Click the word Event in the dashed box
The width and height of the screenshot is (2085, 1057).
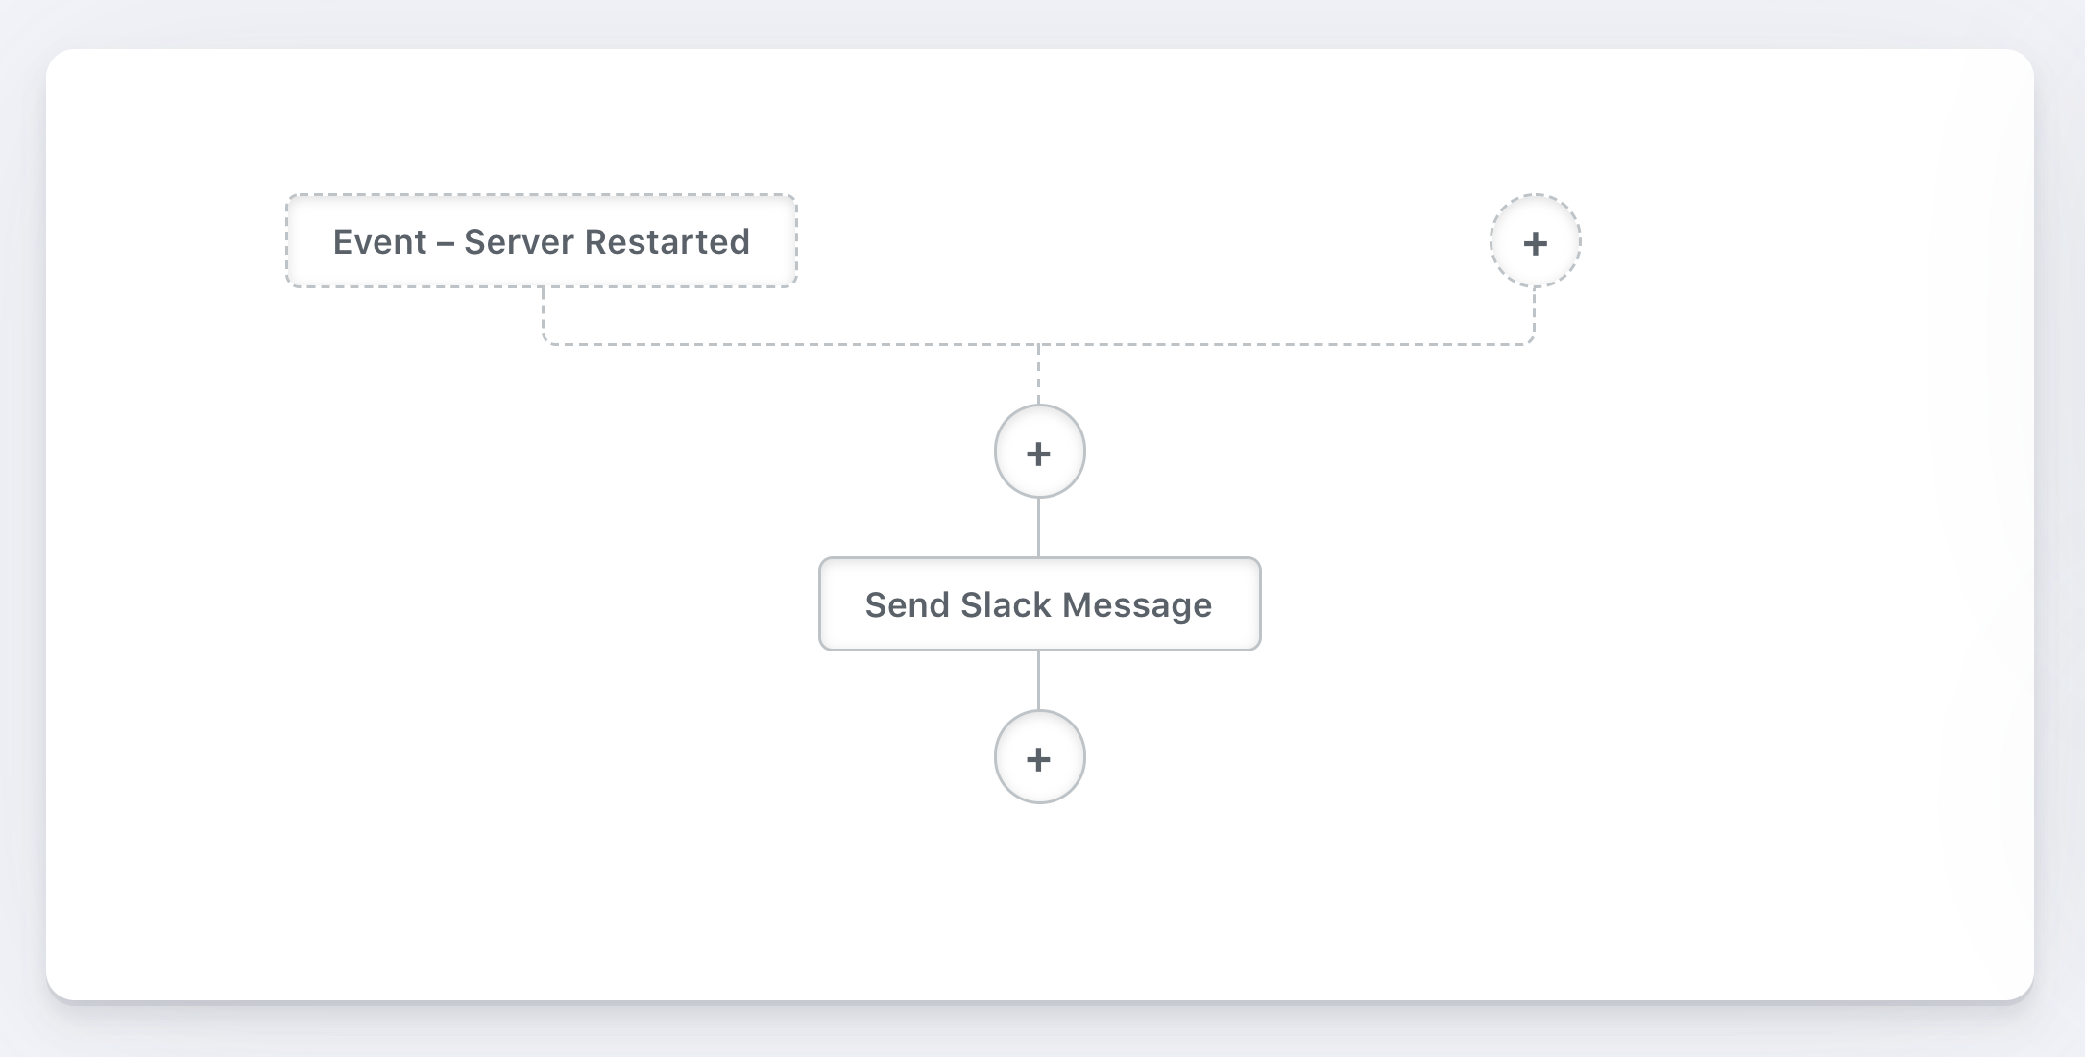point(380,242)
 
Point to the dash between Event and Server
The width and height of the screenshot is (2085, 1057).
point(446,243)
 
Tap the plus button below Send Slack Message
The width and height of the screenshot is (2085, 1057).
point(1039,758)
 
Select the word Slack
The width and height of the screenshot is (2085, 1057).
point(1006,605)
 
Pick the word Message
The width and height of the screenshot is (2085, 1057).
point(1137,605)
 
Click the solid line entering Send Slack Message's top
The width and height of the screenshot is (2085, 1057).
point(1039,528)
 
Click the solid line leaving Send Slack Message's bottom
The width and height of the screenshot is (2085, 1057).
point(1039,680)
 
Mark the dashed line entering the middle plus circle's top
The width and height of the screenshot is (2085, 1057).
point(1039,375)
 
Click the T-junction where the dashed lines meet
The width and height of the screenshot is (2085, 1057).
point(1039,344)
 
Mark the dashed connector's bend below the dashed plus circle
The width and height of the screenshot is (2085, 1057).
point(1532,341)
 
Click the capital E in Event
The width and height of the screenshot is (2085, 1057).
point(343,242)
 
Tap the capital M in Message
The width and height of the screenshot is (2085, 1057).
point(1078,605)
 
